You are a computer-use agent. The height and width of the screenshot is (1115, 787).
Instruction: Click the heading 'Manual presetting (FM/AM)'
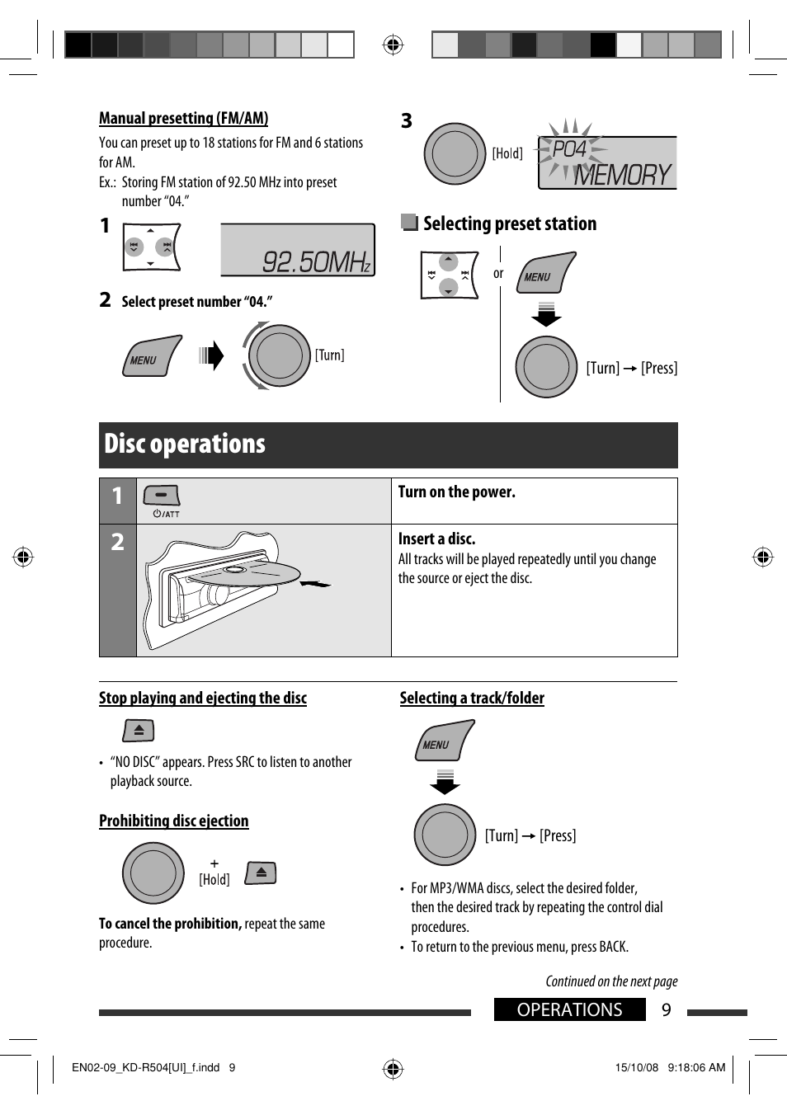[x=183, y=118]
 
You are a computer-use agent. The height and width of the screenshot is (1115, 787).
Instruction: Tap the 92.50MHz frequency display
[x=298, y=250]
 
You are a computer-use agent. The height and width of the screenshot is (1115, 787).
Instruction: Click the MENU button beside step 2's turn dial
[x=151, y=356]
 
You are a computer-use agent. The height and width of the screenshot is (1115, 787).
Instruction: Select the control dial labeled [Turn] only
[x=279, y=355]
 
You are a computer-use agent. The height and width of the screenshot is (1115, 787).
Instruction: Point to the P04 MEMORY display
[x=607, y=162]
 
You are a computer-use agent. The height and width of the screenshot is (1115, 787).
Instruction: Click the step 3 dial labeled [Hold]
[x=455, y=154]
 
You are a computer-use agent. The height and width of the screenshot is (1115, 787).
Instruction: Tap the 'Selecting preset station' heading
[x=509, y=223]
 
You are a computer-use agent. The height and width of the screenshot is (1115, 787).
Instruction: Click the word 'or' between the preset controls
[x=498, y=274]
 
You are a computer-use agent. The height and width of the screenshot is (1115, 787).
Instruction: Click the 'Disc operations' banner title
[x=185, y=445]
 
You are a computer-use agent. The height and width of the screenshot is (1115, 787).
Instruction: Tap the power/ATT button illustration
[x=162, y=496]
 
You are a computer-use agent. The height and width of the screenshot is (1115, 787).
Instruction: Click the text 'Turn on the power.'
[x=456, y=492]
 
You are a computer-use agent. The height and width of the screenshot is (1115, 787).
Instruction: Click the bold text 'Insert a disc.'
[x=436, y=539]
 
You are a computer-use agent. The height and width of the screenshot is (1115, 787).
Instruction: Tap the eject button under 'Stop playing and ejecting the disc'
[x=139, y=731]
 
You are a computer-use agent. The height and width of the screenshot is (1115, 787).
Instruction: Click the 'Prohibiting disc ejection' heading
[x=173, y=821]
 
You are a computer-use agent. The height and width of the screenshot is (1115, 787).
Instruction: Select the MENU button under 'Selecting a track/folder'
[x=444, y=741]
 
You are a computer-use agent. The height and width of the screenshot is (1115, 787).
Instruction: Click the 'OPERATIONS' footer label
[x=569, y=1010]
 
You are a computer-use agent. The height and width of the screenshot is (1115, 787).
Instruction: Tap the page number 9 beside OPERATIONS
[x=667, y=1010]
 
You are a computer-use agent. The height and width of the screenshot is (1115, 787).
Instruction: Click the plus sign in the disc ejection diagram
[x=214, y=863]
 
